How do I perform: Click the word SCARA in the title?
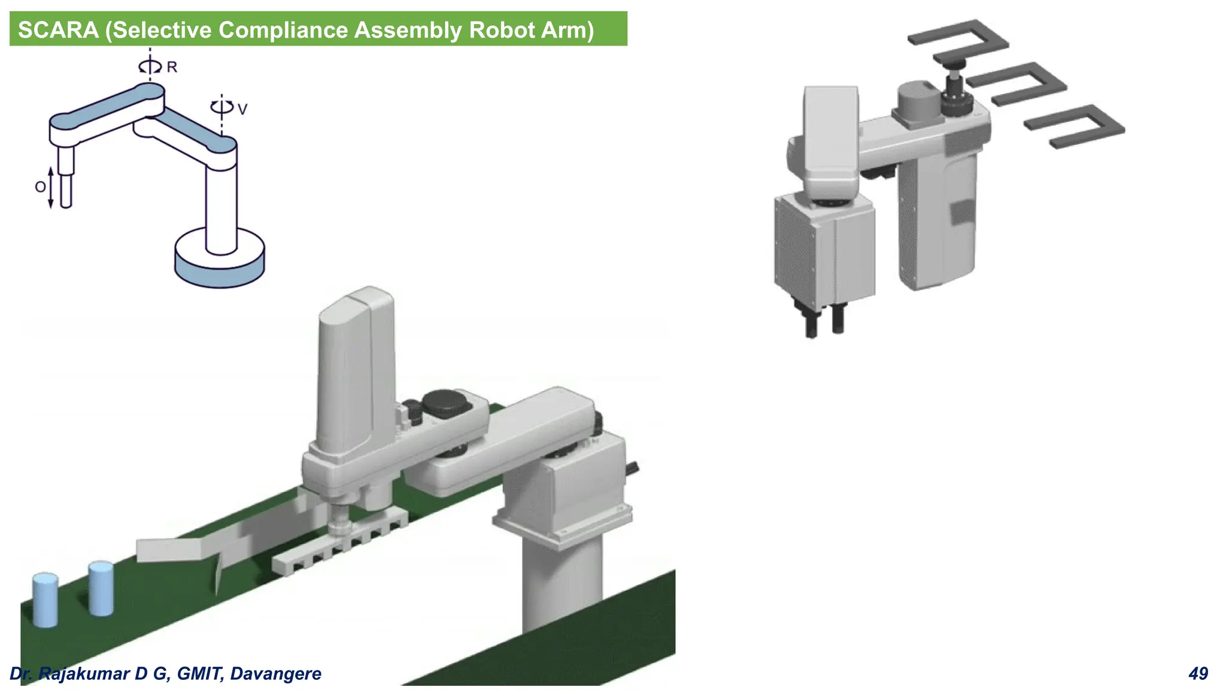click(x=58, y=30)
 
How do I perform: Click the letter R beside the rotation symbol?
click(x=172, y=67)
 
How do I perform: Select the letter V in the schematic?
click(x=242, y=109)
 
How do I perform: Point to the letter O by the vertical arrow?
click(x=40, y=187)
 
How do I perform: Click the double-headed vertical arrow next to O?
click(x=51, y=187)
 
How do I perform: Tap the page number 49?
click(x=1198, y=674)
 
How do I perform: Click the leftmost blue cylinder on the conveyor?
click(x=45, y=600)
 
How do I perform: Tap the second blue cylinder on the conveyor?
click(x=101, y=588)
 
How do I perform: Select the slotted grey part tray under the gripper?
click(x=339, y=544)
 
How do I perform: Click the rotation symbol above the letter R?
click(x=150, y=66)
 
